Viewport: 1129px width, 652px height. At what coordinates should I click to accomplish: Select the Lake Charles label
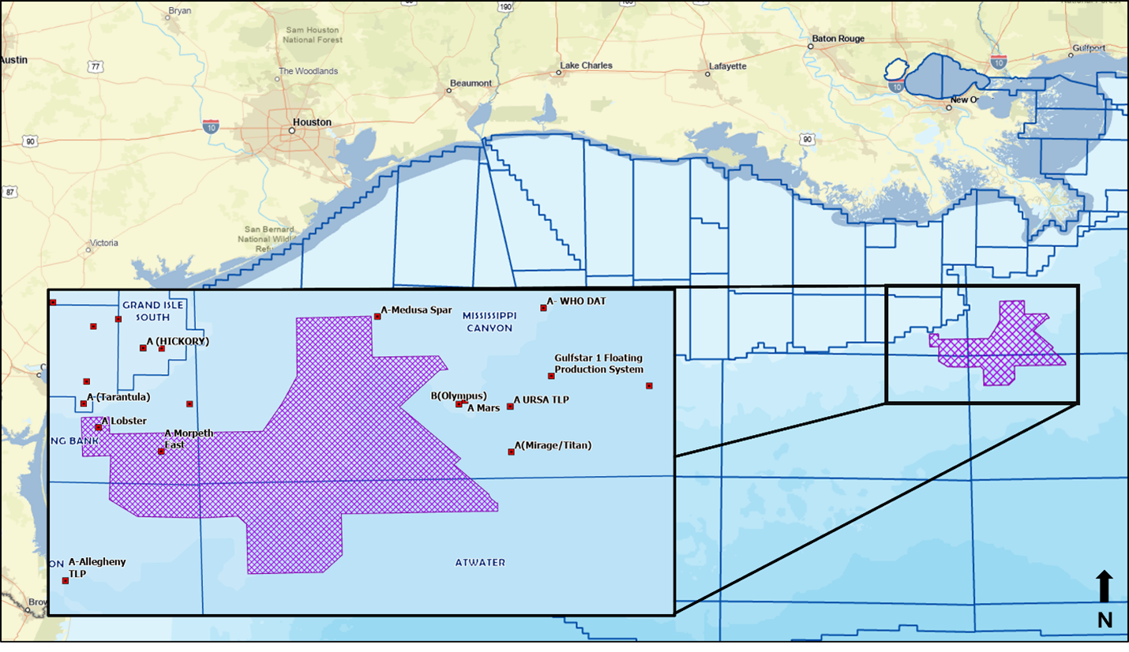pyautogui.click(x=586, y=66)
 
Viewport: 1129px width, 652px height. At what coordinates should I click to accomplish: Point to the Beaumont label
pyautogui.click(x=471, y=83)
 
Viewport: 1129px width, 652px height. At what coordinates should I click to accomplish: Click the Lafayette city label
pyautogui.click(x=727, y=66)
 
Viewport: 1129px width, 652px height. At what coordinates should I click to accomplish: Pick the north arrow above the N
pyautogui.click(x=1105, y=587)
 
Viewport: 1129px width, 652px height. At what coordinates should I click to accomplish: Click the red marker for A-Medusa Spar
pyautogui.click(x=377, y=317)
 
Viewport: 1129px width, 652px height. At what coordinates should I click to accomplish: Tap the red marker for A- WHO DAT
pyautogui.click(x=543, y=308)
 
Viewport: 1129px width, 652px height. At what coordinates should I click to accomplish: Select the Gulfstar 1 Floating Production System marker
pyautogui.click(x=551, y=376)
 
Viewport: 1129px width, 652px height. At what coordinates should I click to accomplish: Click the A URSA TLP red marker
pyautogui.click(x=510, y=407)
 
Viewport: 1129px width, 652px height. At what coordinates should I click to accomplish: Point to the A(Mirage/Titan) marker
pyautogui.click(x=511, y=452)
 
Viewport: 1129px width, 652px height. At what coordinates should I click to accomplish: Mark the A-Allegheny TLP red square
pyautogui.click(x=66, y=581)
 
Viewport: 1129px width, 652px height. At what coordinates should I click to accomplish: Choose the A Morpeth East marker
pyautogui.click(x=161, y=452)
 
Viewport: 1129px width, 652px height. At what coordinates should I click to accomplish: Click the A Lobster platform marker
pyautogui.click(x=99, y=427)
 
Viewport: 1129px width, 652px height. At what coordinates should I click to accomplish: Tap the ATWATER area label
pyautogui.click(x=480, y=563)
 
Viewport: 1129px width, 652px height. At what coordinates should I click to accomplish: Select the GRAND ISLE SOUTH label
pyautogui.click(x=146, y=311)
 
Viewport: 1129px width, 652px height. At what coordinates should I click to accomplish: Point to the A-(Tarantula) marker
pyautogui.click(x=84, y=403)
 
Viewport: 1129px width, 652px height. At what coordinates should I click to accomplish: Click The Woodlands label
pyautogui.click(x=308, y=71)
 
